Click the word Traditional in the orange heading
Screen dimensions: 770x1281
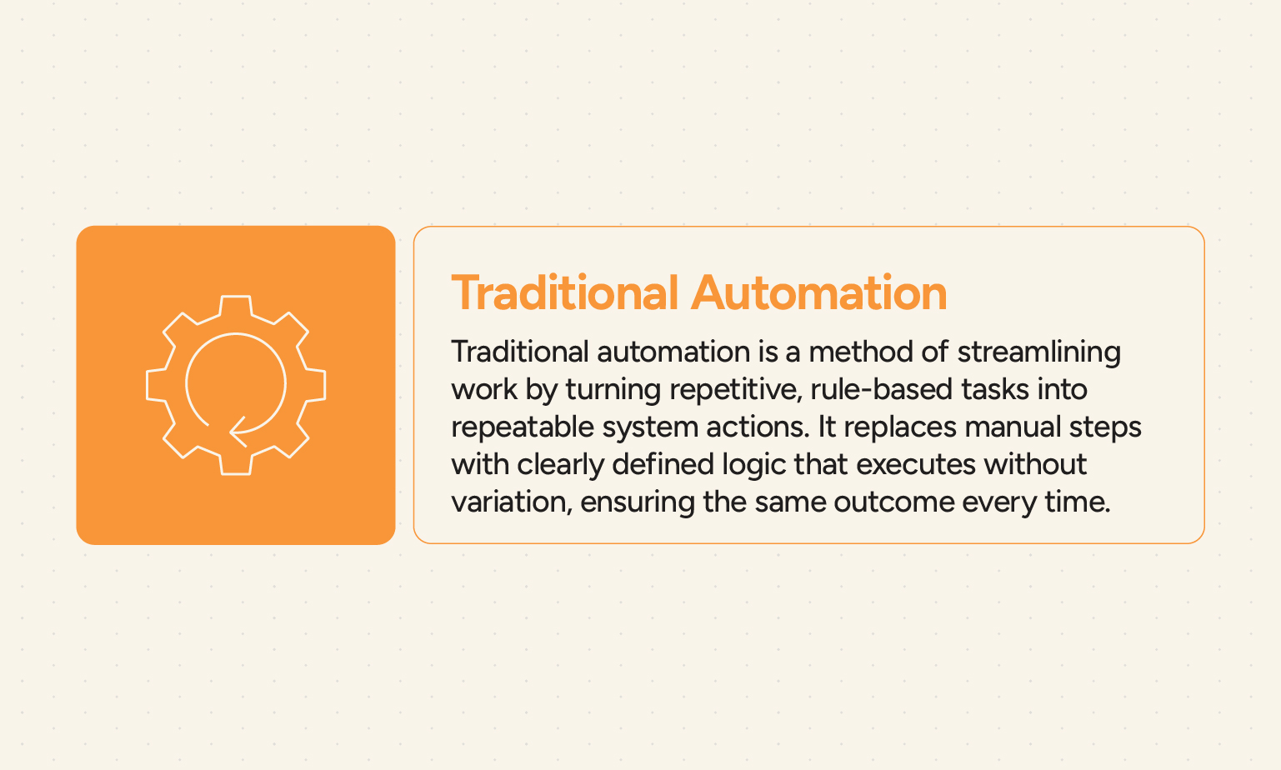[x=565, y=293]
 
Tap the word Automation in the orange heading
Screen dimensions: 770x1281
[x=818, y=293]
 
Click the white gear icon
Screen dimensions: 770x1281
[x=236, y=385]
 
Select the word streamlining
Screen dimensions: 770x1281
[x=1038, y=352]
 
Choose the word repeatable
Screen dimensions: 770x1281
[x=521, y=427]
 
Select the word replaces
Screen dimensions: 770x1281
[x=899, y=427]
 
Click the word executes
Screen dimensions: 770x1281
[x=915, y=464]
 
